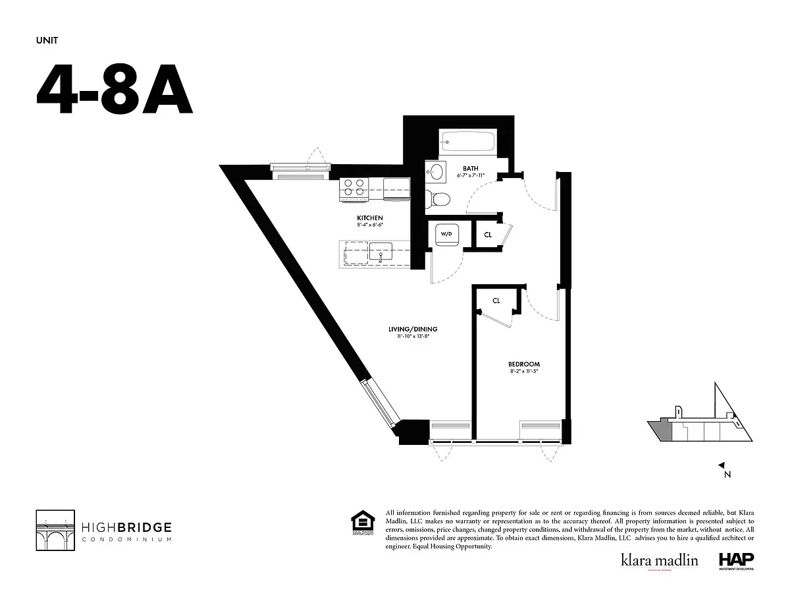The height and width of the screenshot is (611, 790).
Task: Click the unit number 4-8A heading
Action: click(x=114, y=90)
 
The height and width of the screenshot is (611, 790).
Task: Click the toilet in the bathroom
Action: click(x=438, y=198)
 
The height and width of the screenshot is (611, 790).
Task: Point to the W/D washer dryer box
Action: click(x=446, y=234)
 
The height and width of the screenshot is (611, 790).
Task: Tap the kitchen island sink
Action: click(x=380, y=252)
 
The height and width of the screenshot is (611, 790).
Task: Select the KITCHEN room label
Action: click(x=369, y=218)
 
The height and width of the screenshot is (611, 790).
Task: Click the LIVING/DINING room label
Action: click(x=413, y=329)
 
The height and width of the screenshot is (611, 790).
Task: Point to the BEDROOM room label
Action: click(x=523, y=364)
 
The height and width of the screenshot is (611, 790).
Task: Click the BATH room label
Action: click(x=470, y=169)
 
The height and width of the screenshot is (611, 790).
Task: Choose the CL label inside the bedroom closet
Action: click(x=496, y=301)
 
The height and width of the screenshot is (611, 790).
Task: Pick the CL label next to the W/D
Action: click(x=488, y=235)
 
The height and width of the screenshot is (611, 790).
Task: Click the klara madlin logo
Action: click(x=658, y=560)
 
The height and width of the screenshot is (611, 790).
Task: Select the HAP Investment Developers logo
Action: click(x=735, y=561)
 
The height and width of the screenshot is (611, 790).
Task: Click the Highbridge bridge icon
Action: click(x=54, y=529)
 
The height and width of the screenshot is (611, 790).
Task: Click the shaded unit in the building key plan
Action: click(x=664, y=432)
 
